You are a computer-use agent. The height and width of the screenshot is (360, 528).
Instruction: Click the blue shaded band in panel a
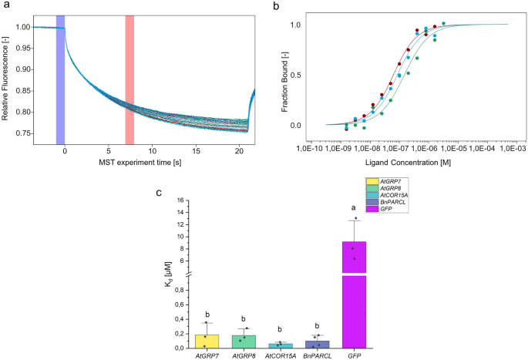[x=60, y=79]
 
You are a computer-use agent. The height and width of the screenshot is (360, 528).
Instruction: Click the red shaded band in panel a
[x=129, y=79]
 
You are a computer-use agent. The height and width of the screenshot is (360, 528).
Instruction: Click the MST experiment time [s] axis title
[x=141, y=162]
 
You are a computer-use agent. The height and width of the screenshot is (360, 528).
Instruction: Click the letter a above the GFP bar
[x=355, y=207]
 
